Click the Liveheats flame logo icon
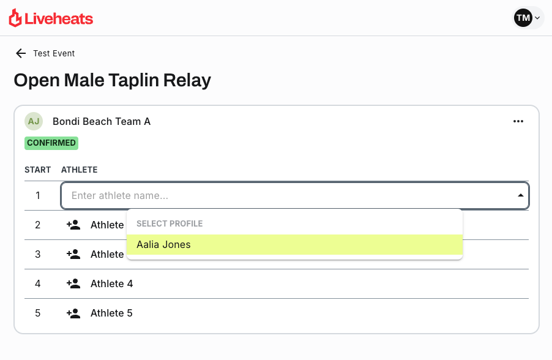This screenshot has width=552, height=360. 15,18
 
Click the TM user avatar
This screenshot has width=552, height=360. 523,18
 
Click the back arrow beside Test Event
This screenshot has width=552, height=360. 21,53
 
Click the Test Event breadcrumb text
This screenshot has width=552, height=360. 54,53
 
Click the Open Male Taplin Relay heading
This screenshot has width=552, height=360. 112,80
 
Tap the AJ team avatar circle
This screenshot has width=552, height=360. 34,121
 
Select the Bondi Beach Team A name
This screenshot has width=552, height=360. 102,121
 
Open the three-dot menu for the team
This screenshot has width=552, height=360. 518,121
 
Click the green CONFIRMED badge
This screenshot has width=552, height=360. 51,143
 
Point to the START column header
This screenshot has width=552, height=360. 37,170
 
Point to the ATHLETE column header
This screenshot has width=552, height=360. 80,170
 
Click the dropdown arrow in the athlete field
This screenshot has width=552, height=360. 521,196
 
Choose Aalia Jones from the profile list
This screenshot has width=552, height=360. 164,244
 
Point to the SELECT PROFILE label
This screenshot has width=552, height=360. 170,223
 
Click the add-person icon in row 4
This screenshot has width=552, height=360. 73,283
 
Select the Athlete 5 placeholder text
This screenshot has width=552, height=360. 111,313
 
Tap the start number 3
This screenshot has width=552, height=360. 38,254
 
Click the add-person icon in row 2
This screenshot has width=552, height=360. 73,225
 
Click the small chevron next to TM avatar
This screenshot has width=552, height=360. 537,18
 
